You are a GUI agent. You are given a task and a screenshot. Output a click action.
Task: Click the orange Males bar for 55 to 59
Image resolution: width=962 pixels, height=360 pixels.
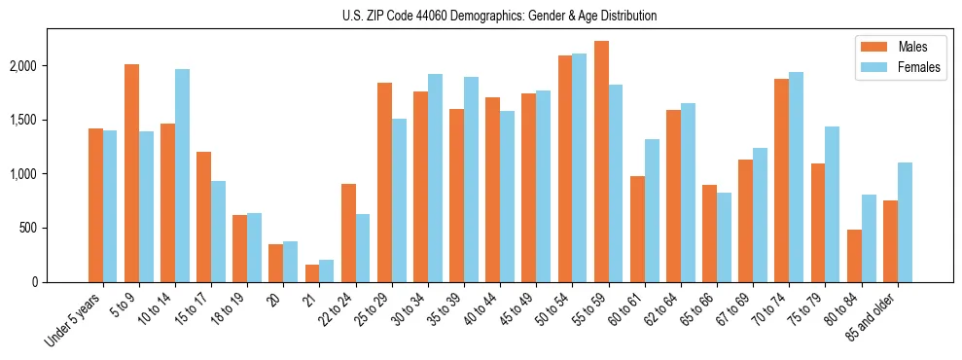601,162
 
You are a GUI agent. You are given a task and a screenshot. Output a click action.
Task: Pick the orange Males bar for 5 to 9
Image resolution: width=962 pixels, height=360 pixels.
131,173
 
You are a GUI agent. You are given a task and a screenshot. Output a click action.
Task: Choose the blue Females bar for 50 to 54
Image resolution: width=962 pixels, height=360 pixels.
580,167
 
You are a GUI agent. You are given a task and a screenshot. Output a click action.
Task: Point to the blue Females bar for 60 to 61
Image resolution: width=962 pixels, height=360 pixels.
652,210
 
